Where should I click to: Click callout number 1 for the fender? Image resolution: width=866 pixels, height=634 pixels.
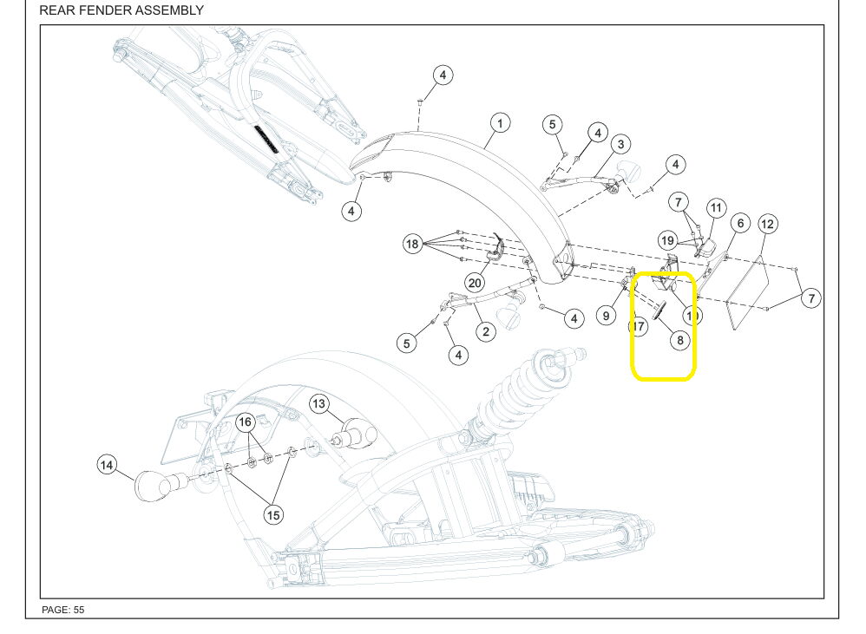499,122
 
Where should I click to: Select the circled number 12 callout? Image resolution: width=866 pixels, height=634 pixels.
767,225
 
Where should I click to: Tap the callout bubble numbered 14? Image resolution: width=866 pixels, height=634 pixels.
106,465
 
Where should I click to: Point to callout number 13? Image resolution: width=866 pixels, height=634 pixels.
319,403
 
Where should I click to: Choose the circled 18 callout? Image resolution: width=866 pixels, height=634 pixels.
412,244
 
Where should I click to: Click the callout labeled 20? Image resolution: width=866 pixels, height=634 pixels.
475,283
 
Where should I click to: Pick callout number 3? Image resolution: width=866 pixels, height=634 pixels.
620,144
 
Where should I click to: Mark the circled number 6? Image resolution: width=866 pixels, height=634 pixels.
739,223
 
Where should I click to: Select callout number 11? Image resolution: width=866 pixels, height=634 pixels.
715,208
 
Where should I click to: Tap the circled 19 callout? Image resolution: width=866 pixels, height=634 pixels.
666,240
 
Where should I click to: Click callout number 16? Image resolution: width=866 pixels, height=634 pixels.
246,422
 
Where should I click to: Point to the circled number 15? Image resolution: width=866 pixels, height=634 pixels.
273,515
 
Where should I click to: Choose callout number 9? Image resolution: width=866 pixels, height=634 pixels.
607,316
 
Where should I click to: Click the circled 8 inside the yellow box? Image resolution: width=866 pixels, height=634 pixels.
679,340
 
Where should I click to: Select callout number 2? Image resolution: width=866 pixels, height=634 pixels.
485,331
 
